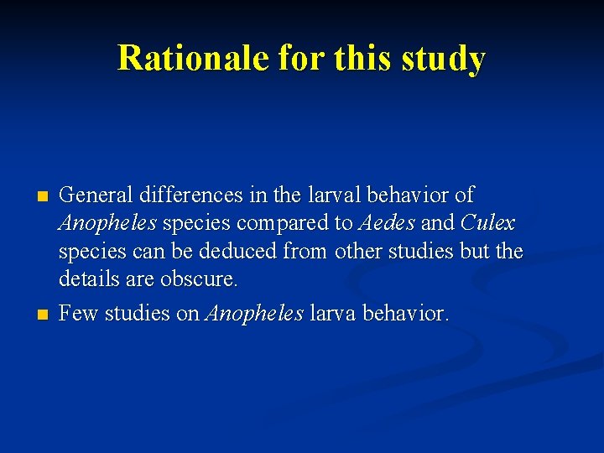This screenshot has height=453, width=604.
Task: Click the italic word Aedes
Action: point(387,224)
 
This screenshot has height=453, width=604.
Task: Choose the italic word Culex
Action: point(488,224)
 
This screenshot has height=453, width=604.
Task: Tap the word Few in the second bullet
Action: point(78,314)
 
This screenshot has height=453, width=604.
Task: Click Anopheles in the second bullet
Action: point(255,314)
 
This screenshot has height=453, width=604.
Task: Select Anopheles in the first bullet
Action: point(107,224)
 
